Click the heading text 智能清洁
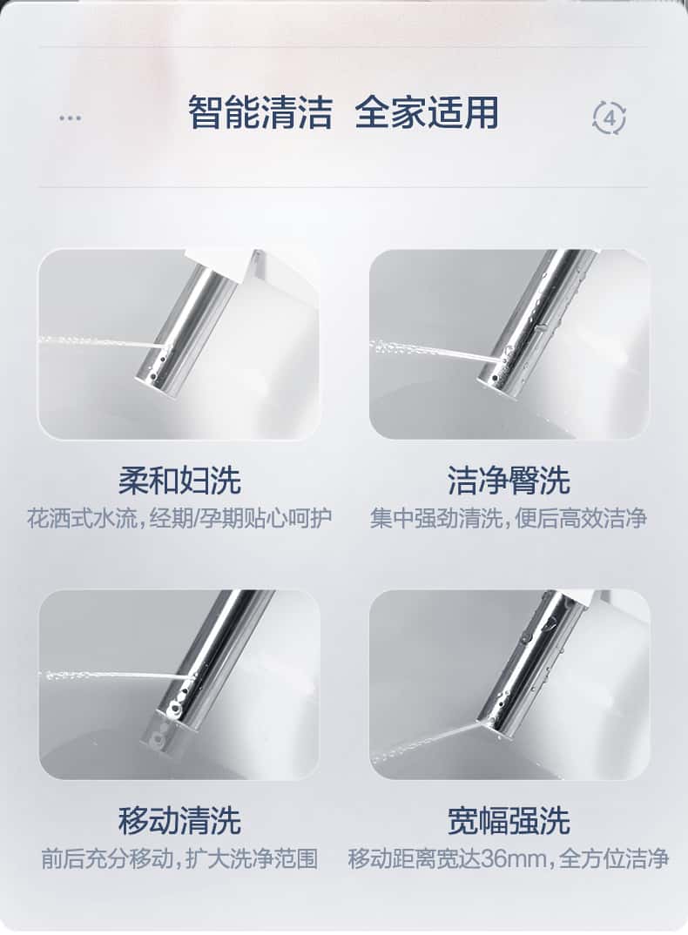[x=260, y=112]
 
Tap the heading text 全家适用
[x=427, y=112]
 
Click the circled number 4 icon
[x=610, y=118]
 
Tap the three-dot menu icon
[x=71, y=118]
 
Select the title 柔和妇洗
[x=179, y=481]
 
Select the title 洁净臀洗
[x=509, y=481]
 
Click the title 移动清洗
[x=179, y=820]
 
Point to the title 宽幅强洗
[x=509, y=820]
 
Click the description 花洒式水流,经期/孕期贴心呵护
[x=179, y=519]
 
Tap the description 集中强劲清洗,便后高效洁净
[x=509, y=519]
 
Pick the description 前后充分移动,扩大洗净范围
[x=179, y=859]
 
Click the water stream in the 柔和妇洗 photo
[x=99, y=342]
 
